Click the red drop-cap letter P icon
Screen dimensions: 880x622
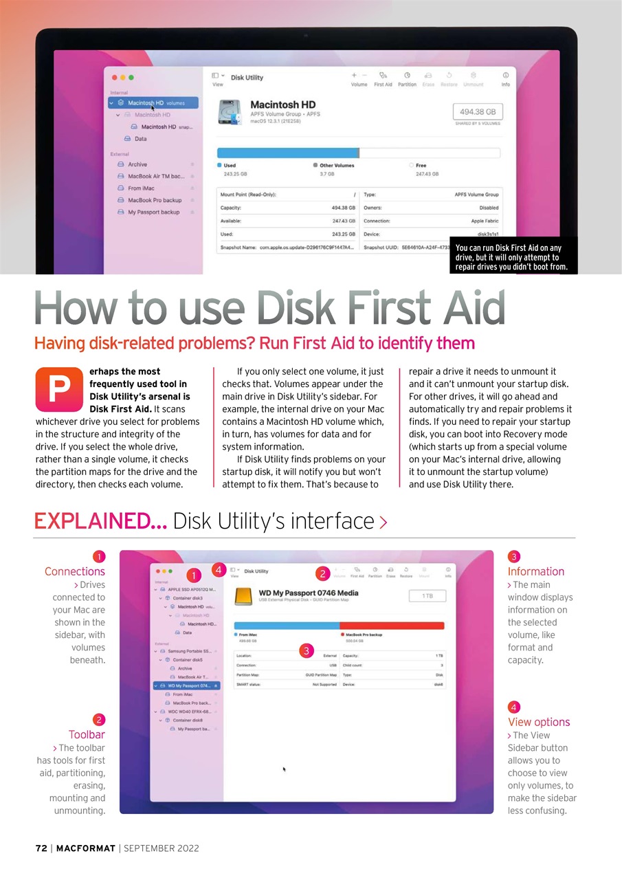tap(59, 388)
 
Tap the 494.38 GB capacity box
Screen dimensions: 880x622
tap(477, 111)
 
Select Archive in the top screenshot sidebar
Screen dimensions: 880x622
tap(137, 164)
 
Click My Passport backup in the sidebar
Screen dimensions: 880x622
tap(153, 212)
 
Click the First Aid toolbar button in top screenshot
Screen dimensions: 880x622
tap(383, 78)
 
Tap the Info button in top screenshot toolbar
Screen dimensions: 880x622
tap(505, 78)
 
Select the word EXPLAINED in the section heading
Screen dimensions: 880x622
tap(100, 521)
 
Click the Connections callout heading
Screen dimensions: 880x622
tap(75, 571)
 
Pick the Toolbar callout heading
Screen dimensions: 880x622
tap(87, 735)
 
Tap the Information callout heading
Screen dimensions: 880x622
tap(535, 571)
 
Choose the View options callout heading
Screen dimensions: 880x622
tap(539, 722)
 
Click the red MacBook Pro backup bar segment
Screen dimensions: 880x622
tap(392, 624)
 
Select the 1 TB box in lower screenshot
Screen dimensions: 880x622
tap(427, 596)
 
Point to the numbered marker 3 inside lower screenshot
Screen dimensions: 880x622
tap(307, 650)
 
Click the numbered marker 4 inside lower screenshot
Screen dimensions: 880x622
tap(218, 569)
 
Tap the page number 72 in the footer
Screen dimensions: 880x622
tap(41, 848)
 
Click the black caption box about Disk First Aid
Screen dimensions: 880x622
tap(513, 257)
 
